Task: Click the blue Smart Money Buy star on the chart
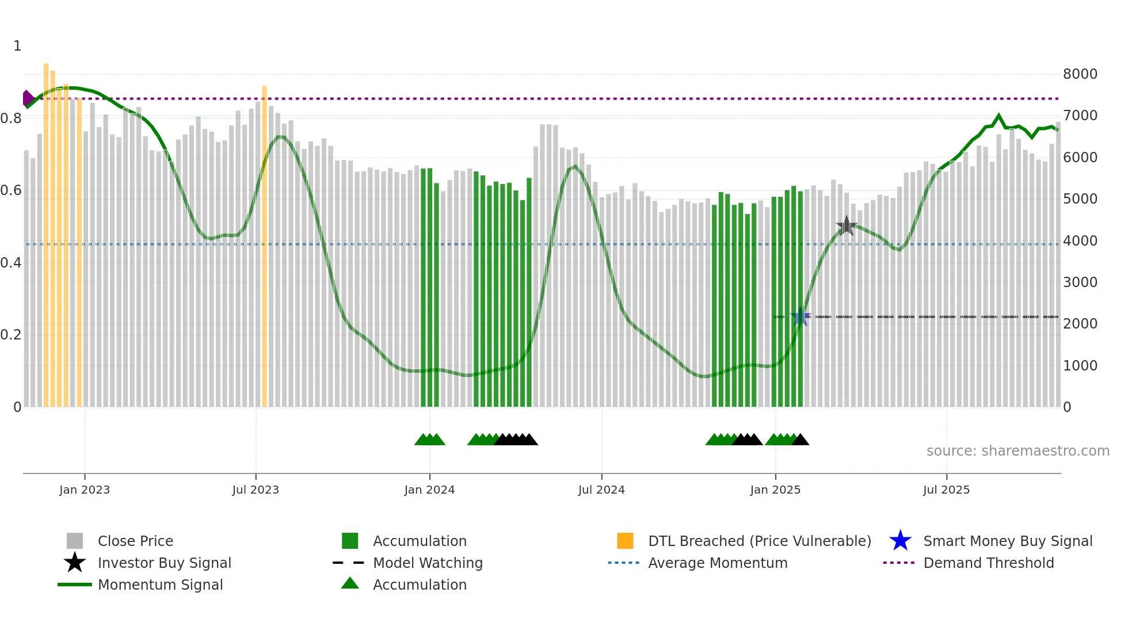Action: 801,316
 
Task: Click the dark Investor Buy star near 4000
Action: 847,226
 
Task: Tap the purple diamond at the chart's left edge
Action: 27,98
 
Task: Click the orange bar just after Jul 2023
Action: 265,247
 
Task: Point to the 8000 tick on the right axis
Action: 1080,74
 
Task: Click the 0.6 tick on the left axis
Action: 11,190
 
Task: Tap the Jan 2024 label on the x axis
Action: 429,490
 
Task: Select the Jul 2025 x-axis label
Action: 946,490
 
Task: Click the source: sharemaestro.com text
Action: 1018,451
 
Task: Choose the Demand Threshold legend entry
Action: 988,563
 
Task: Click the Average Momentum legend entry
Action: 717,563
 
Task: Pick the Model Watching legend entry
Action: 427,563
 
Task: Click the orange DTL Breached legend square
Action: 625,541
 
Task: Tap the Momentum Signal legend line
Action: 75,585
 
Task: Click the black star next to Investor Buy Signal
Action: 75,563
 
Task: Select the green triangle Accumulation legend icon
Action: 350,584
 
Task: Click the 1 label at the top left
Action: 17,46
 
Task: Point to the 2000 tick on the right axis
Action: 1080,324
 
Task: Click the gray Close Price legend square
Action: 75,541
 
